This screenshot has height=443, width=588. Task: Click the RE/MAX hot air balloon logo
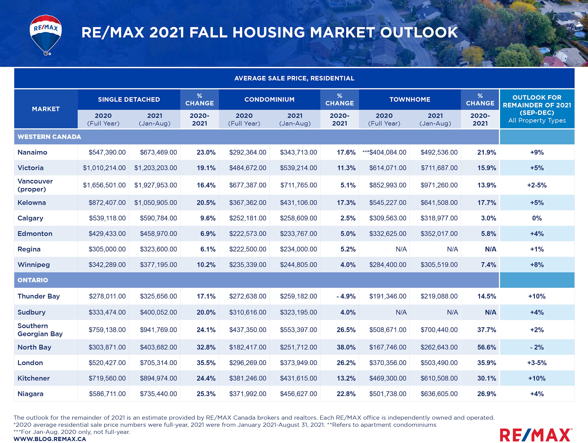tap(46, 34)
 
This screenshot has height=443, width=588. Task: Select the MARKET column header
tap(46, 109)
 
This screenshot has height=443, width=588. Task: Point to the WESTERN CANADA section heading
tap(49, 137)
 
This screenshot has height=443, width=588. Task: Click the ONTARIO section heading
tap(33, 280)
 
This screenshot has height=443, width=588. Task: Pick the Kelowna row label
tap(32, 203)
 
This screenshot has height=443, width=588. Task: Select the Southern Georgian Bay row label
tap(40, 330)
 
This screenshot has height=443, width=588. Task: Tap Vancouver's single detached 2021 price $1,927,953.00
tap(155, 185)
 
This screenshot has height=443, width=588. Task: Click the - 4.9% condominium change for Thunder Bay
tap(346, 296)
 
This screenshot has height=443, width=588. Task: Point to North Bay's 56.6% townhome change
tap(486, 347)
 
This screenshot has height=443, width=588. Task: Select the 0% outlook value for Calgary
tap(537, 218)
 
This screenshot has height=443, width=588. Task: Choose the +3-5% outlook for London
tap(537, 363)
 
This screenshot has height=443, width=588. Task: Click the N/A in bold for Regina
tap(490, 249)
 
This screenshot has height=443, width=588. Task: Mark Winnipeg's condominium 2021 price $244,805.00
tap(298, 265)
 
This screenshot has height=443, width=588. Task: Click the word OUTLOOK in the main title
tap(419, 32)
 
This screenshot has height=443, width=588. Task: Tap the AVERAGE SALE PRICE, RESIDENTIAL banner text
tap(294, 78)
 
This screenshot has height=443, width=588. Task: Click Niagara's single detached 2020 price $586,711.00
tap(107, 394)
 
